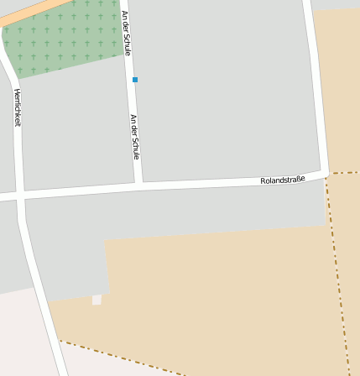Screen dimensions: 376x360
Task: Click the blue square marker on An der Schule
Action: pos(135,80)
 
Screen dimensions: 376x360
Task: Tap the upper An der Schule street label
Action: pos(126,33)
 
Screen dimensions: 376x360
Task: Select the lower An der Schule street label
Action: pos(134,137)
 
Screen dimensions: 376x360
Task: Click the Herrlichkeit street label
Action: pos(17,107)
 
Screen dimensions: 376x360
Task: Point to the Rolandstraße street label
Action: pos(283,180)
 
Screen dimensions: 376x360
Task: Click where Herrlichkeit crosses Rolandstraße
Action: pos(19,196)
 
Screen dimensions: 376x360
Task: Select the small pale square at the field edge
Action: pos(97,300)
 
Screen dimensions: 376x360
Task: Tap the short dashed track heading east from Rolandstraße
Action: pos(344,173)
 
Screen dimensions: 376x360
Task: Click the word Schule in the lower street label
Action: pos(135,149)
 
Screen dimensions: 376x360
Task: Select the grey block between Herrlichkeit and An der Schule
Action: pos(76,126)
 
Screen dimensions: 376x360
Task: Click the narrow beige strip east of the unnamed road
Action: pos(340,84)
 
